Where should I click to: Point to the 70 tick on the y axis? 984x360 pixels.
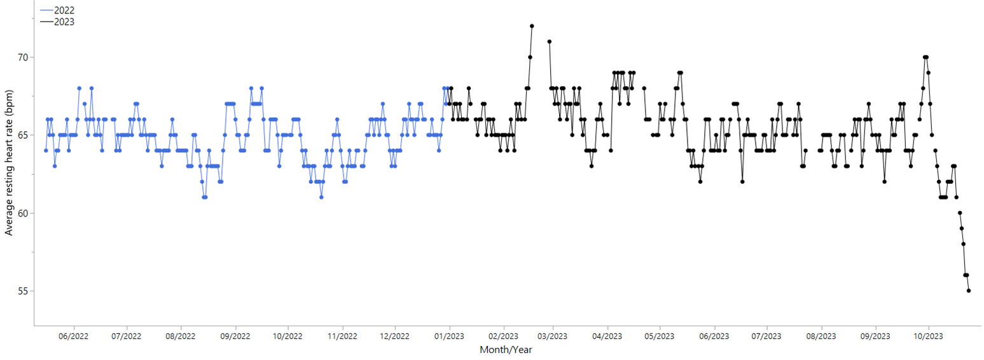(x=23, y=57)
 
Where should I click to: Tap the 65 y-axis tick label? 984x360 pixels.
(x=23, y=135)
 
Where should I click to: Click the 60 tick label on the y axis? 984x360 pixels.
(x=23, y=213)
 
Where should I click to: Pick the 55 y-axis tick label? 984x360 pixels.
(x=23, y=291)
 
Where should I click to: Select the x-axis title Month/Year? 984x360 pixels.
(x=506, y=350)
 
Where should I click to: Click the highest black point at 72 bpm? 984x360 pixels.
(x=532, y=26)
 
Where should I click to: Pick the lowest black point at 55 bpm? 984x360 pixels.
(x=969, y=291)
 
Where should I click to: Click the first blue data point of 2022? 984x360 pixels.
(x=46, y=150)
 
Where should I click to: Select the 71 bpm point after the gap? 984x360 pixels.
(x=549, y=41)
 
